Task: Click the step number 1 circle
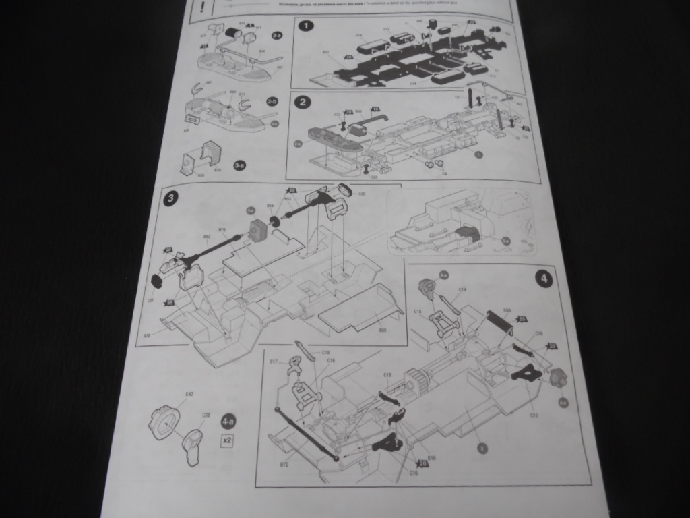point(307,26)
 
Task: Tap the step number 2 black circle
point(304,102)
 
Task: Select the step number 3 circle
point(172,198)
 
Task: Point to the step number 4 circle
point(544,278)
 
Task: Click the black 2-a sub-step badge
point(277,34)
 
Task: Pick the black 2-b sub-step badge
point(272,101)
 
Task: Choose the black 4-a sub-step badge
point(228,422)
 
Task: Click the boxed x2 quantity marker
point(228,440)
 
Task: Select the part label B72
point(284,465)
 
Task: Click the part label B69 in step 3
point(382,330)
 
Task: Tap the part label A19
point(148,334)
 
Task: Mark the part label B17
point(274,362)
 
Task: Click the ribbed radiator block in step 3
point(259,231)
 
